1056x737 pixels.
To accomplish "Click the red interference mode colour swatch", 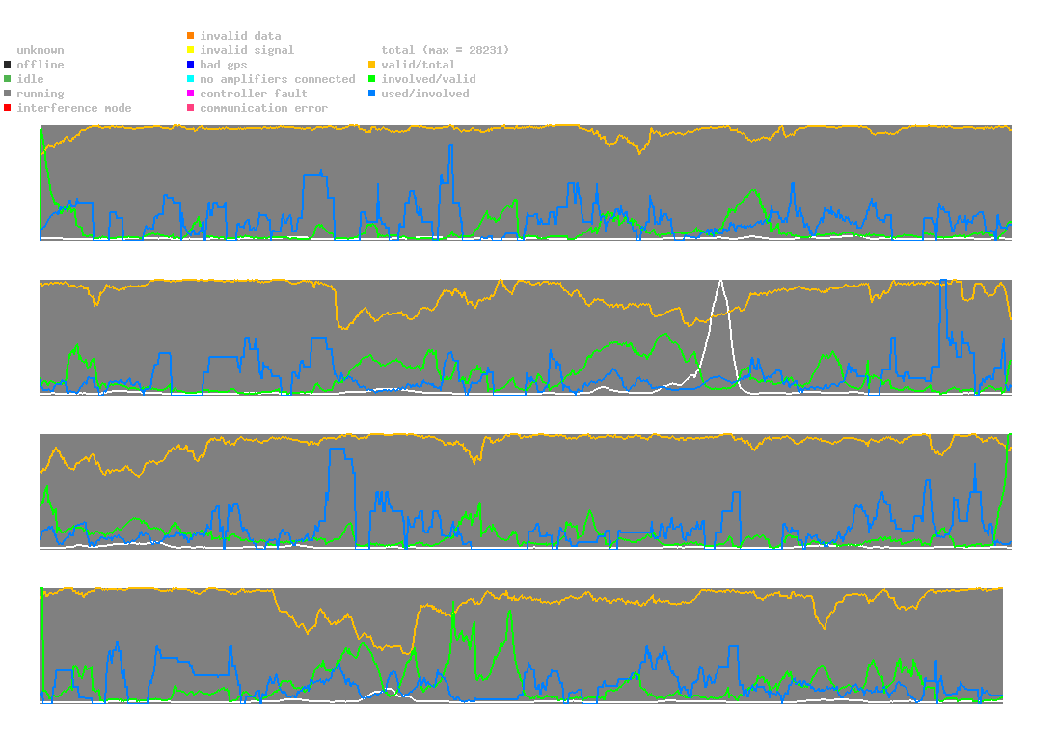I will tap(7, 108).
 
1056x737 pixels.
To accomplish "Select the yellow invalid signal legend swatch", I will tap(190, 50).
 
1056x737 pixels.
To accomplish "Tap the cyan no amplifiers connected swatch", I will tap(190, 79).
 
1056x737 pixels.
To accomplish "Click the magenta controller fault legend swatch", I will tap(190, 94).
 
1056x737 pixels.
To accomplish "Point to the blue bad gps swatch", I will tap(190, 65).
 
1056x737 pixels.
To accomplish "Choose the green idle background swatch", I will tap(7, 79).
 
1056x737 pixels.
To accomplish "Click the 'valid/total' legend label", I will tap(415, 65).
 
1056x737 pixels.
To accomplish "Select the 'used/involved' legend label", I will tap(425, 94).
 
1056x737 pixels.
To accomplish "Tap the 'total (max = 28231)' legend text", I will tap(445, 50).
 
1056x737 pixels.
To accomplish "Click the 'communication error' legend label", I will tap(263, 108).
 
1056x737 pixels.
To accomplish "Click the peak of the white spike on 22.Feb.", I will tap(720, 280).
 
